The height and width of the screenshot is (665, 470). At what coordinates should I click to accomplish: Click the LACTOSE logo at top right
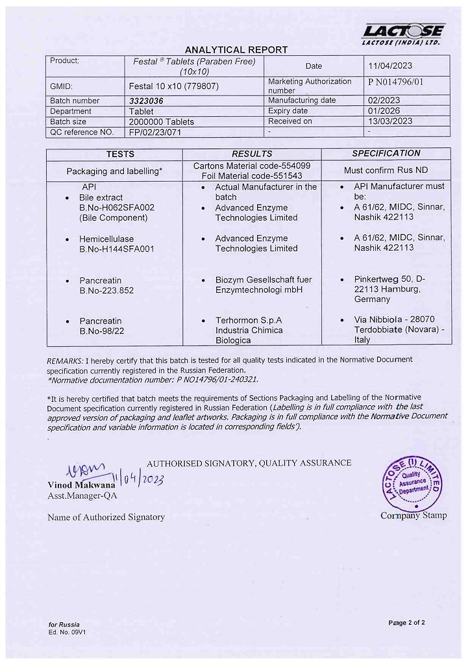[403, 33]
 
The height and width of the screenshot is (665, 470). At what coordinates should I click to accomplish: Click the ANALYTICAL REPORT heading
[236, 50]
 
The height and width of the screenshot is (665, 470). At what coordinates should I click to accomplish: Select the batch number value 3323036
[146, 101]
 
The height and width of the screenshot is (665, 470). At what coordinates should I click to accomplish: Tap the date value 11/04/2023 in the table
[390, 66]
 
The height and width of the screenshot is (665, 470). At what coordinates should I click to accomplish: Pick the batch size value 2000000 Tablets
[162, 121]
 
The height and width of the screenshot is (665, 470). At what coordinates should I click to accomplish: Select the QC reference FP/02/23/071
[156, 132]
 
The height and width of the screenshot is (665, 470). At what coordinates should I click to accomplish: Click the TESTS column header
[121, 154]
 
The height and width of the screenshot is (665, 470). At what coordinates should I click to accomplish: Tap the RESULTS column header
[252, 154]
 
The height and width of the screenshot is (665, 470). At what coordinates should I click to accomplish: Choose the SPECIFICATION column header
[386, 153]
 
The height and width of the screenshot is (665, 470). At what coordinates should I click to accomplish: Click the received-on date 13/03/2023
[390, 121]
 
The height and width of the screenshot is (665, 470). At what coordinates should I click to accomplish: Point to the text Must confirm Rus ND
[386, 171]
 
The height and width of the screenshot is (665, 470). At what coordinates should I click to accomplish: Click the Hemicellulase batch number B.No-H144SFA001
[116, 249]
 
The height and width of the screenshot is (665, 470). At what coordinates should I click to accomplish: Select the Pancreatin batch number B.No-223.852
[106, 290]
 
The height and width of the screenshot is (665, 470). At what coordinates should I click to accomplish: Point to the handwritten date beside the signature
[138, 479]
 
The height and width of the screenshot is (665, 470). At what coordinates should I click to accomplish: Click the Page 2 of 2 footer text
[406, 623]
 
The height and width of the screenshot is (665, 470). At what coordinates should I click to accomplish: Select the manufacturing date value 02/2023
[384, 101]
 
